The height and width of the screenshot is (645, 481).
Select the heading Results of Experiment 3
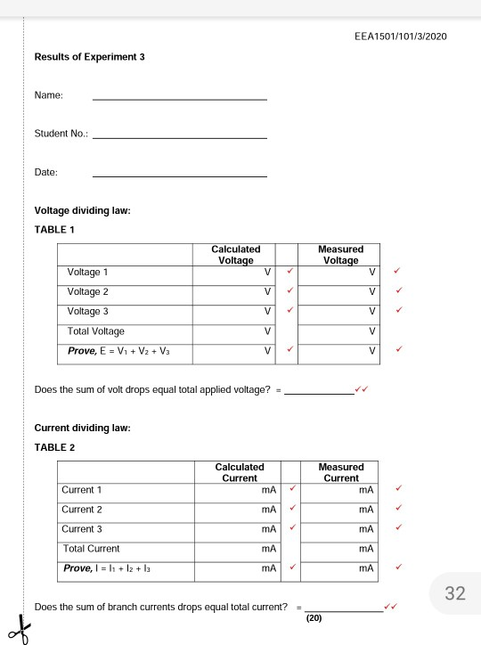(89, 57)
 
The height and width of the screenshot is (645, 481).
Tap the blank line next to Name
(180, 99)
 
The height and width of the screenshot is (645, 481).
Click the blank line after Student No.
(180, 138)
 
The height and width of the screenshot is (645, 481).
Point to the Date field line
(180, 176)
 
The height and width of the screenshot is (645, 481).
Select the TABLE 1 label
(54, 229)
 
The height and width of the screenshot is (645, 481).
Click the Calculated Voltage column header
(235, 255)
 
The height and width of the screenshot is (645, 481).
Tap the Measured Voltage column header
(340, 255)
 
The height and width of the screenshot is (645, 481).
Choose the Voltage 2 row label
(88, 291)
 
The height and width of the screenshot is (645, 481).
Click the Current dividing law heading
(82, 428)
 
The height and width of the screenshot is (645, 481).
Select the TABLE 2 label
(54, 447)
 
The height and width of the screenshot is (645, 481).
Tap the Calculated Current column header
(240, 472)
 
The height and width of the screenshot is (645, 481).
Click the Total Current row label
(91, 549)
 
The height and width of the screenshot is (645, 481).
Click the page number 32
(455, 595)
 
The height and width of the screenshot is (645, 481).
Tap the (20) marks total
(313, 616)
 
